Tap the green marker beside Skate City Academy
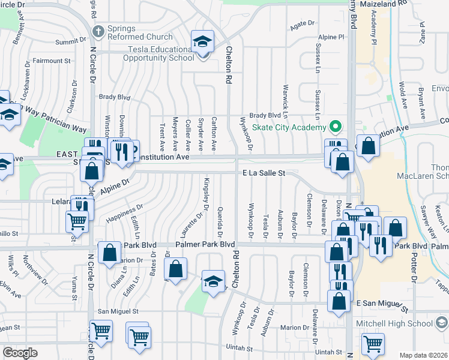pyautogui.click(x=336, y=127)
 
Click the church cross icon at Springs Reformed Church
pyautogui.click(x=98, y=30)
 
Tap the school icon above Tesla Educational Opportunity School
pyautogui.click(x=203, y=42)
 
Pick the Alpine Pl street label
pyautogui.click(x=332, y=37)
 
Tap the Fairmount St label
pyautogui.click(x=52, y=61)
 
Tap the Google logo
pyautogui.click(x=19, y=353)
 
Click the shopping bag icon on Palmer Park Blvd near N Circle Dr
pyautogui.click(x=110, y=253)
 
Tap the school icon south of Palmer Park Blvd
pyautogui.click(x=213, y=281)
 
